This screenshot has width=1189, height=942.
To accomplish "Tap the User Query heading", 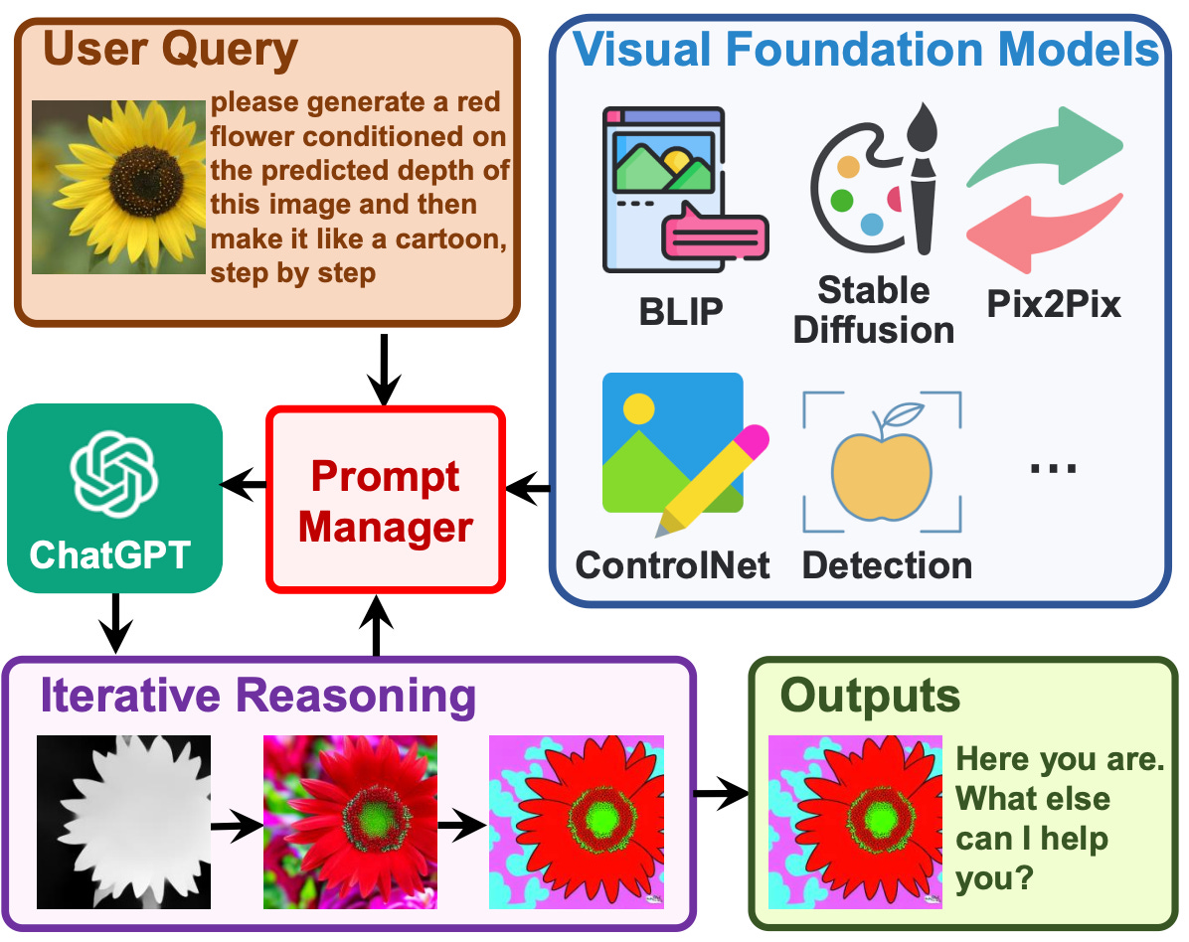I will pyautogui.click(x=170, y=49).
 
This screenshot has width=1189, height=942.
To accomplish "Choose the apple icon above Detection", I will pyautogui.click(x=882, y=464).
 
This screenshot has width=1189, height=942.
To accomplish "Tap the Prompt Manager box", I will pyautogui.click(x=386, y=501).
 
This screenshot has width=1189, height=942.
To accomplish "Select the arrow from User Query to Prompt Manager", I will pyautogui.click(x=384, y=368).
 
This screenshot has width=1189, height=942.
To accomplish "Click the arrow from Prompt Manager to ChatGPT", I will pyautogui.click(x=243, y=486).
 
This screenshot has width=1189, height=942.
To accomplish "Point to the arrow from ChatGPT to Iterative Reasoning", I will pyautogui.click(x=116, y=624).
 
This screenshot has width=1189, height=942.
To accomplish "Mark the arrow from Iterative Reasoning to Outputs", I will pyautogui.click(x=720, y=793).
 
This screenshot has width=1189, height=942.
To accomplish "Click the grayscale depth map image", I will pyautogui.click(x=124, y=822).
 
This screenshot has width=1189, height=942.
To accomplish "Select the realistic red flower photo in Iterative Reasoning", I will pyautogui.click(x=350, y=822).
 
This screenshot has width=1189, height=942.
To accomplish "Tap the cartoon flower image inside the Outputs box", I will pyautogui.click(x=856, y=822).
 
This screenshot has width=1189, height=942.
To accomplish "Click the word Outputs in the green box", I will pyautogui.click(x=870, y=696).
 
